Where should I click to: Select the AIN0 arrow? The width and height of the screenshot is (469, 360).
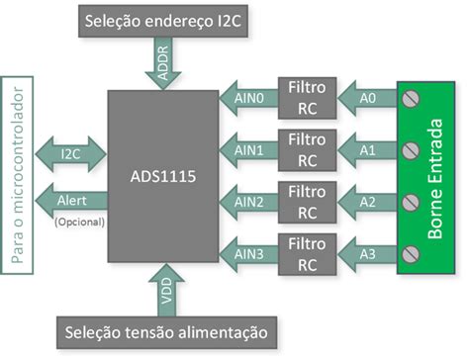pos(246,96)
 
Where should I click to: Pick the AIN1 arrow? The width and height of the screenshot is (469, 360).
pos(246,149)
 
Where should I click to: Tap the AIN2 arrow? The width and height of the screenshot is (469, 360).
pos(246,202)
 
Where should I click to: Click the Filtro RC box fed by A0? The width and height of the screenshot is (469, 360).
pos(307,96)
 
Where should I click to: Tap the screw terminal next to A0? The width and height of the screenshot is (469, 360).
pos(410,98)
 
